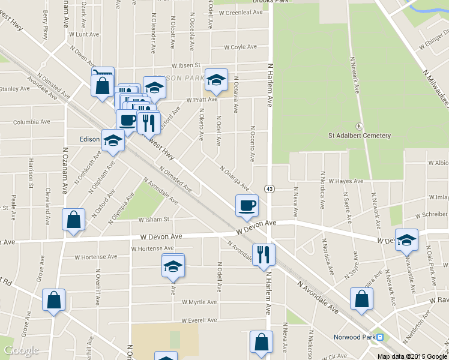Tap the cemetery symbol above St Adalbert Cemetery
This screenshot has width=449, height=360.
pyautogui.click(x=359, y=126)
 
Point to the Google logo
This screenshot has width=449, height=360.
pyautogui.click(x=20, y=350)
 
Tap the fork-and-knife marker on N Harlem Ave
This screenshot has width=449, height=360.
pyautogui.click(x=264, y=255)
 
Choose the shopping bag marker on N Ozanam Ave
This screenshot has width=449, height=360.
pyautogui.click(x=73, y=220)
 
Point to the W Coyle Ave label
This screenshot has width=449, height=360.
pyautogui.click(x=240, y=47)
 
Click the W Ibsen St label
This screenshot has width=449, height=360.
pyautogui.click(x=185, y=65)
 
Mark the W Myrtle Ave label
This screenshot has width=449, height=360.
pyautogui.click(x=198, y=302)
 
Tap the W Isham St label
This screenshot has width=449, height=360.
pyautogui.click(x=154, y=220)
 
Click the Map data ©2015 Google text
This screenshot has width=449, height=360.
pyautogui.click(x=412, y=356)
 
